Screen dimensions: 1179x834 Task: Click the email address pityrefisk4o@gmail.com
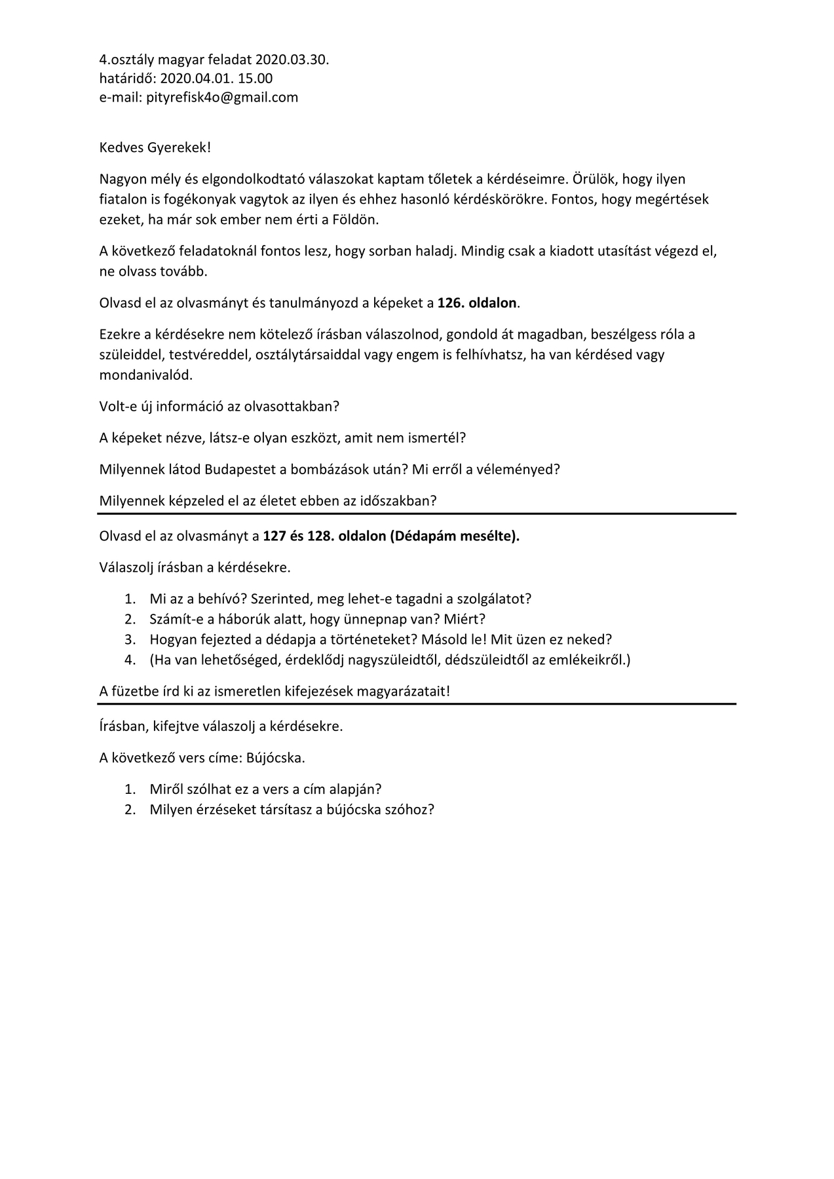point(222,98)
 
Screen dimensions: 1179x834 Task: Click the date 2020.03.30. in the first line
point(292,60)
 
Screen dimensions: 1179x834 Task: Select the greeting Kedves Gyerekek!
point(155,147)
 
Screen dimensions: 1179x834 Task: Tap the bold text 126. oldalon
point(478,303)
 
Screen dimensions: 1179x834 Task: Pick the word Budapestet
point(243,470)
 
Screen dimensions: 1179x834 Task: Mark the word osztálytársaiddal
point(307,355)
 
